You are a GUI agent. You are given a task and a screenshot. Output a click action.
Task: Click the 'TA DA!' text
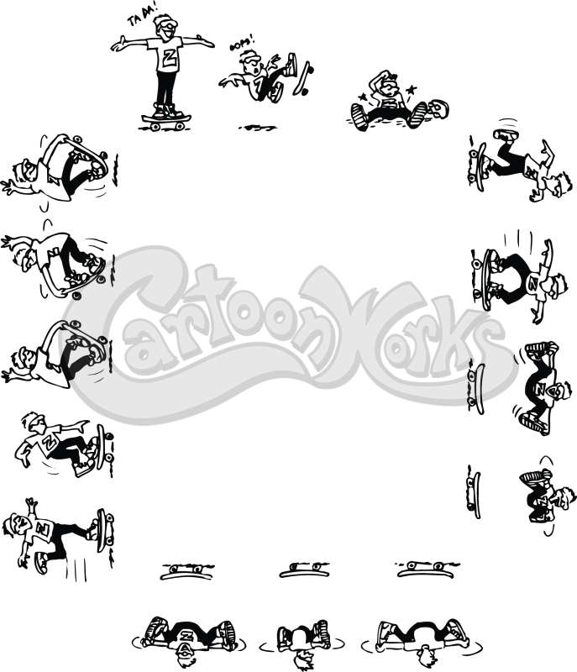coord(142,18)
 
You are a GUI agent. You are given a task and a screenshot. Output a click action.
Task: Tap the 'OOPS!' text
coord(242,45)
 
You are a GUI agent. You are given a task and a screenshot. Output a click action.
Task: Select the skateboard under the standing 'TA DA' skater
coord(166,122)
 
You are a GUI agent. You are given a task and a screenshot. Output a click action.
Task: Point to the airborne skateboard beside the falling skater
coord(302,79)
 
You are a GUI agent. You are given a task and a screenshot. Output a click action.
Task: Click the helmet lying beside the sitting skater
coord(438,109)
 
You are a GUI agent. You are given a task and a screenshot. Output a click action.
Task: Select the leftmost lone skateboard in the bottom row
coord(186,572)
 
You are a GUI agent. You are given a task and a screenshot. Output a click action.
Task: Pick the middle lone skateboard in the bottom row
coord(305,570)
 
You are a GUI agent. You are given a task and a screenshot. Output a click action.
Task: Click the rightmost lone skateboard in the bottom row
coord(427,570)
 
